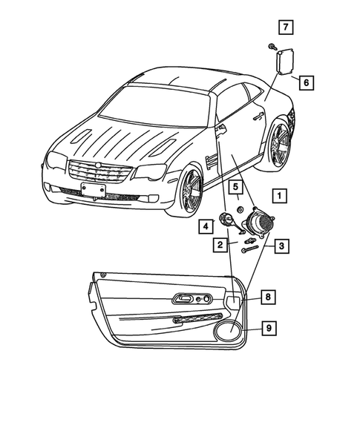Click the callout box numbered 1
click(279, 197)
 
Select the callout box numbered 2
click(221, 244)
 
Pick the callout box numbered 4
click(205, 226)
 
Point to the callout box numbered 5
click(232, 186)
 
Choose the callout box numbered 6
click(305, 82)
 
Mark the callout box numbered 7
click(286, 28)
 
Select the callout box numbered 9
click(268, 326)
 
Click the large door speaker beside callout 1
click(260, 222)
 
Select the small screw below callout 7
click(272, 47)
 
